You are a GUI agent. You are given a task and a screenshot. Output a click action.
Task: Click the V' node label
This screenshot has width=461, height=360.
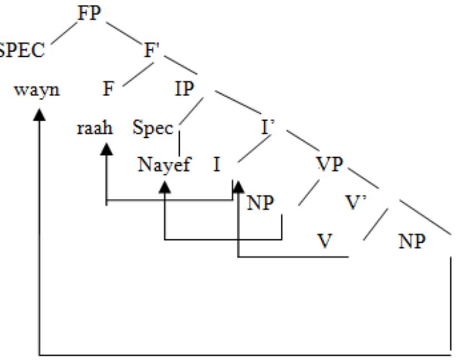point(354,203)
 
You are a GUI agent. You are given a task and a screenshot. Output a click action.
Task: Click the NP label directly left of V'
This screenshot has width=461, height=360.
point(261,203)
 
